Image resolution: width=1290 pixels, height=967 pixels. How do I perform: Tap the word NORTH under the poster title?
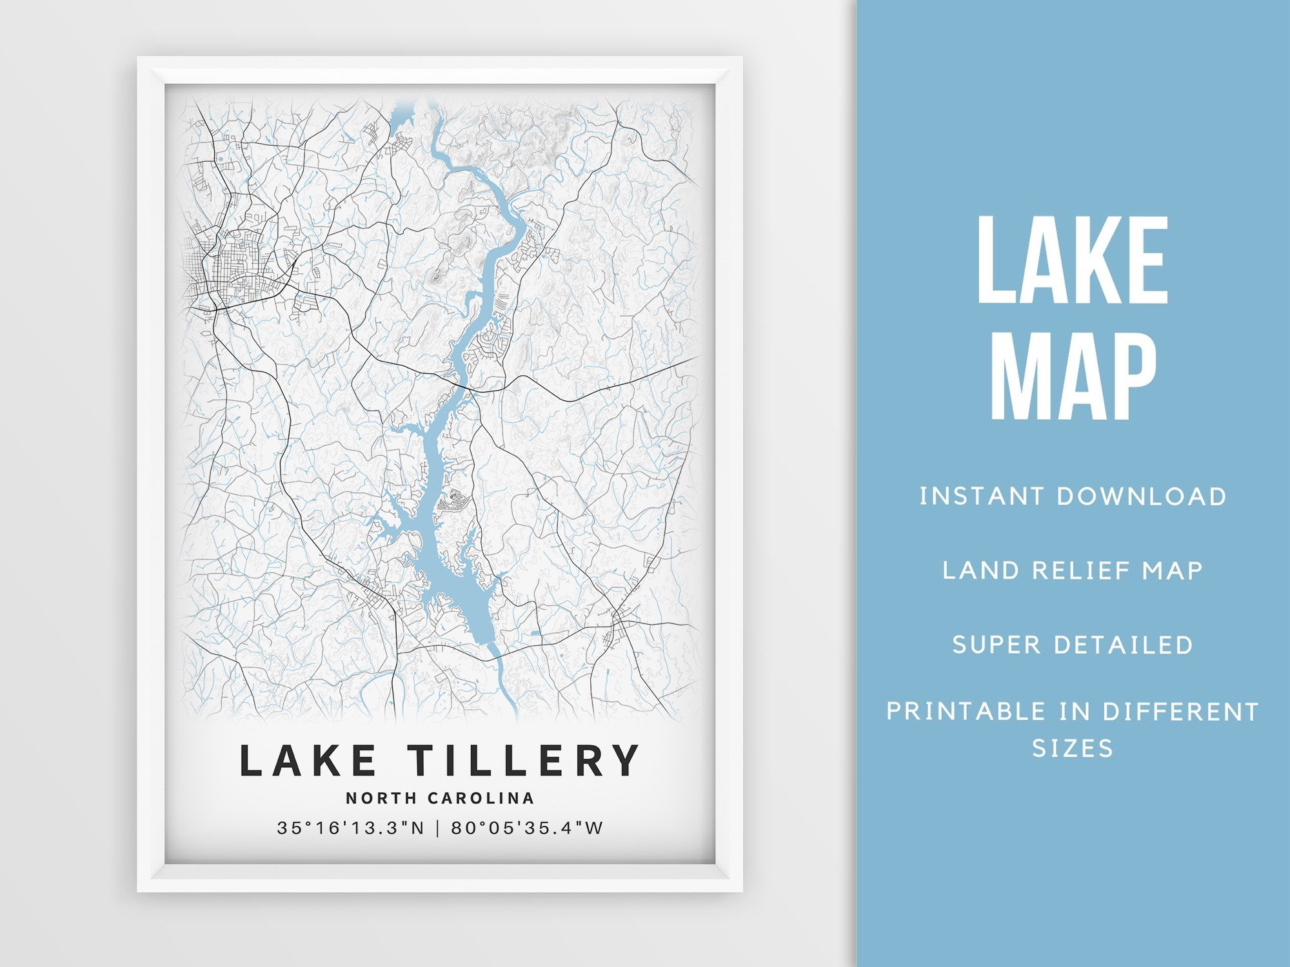coord(382,798)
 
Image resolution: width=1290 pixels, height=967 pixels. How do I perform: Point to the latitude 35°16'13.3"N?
coord(351,828)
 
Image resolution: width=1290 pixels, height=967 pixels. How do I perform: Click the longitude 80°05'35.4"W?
coord(528,828)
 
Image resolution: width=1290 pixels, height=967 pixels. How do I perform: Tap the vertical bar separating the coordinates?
coord(438,828)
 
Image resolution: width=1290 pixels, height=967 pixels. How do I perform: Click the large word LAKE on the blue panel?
coord(1073,260)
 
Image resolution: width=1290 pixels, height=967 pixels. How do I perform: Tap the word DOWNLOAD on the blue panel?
coord(1142,496)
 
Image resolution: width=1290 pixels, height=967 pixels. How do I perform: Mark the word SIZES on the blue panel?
coord(1073,748)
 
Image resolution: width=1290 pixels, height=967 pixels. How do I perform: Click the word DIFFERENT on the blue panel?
coord(1180,712)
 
